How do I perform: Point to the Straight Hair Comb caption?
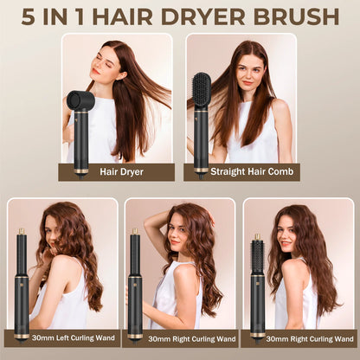tap(241, 172)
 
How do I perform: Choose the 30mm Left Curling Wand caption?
tap(63, 338)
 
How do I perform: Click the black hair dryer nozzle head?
tap(80, 100)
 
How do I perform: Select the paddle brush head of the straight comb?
tap(201, 90)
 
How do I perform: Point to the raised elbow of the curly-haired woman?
tap(150, 227)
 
